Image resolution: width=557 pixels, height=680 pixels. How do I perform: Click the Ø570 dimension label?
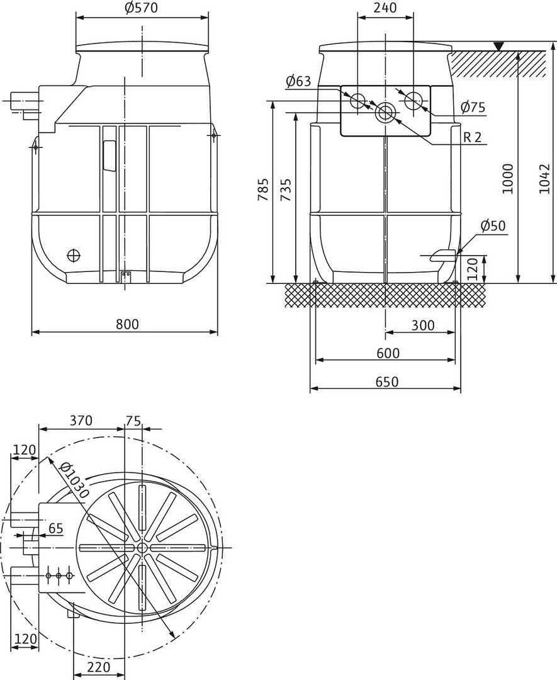(142, 8)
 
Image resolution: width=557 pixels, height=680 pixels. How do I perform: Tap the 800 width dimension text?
(127, 324)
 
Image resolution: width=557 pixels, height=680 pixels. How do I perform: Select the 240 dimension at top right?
(385, 8)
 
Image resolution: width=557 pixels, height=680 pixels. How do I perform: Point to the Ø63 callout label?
(299, 81)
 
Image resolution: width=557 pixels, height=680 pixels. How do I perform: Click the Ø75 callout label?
(473, 107)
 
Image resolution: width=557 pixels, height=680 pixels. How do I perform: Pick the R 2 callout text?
(473, 137)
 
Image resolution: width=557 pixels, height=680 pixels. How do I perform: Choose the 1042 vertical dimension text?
(544, 178)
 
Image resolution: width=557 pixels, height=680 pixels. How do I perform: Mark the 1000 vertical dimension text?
(507, 178)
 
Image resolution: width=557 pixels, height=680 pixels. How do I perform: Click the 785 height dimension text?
(264, 189)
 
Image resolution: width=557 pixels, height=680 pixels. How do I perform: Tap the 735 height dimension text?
(286, 189)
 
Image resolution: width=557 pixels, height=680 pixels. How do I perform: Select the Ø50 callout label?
(493, 226)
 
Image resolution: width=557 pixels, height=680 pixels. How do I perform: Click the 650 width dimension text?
(386, 381)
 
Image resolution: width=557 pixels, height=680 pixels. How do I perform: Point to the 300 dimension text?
(423, 325)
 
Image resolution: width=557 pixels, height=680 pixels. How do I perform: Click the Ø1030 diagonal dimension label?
(74, 480)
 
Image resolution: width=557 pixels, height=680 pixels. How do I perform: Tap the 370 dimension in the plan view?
(81, 420)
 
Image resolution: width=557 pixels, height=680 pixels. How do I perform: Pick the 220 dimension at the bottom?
(99, 667)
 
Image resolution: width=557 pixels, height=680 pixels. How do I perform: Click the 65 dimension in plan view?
(56, 528)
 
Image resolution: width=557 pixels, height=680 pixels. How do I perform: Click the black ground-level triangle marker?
(499, 46)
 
